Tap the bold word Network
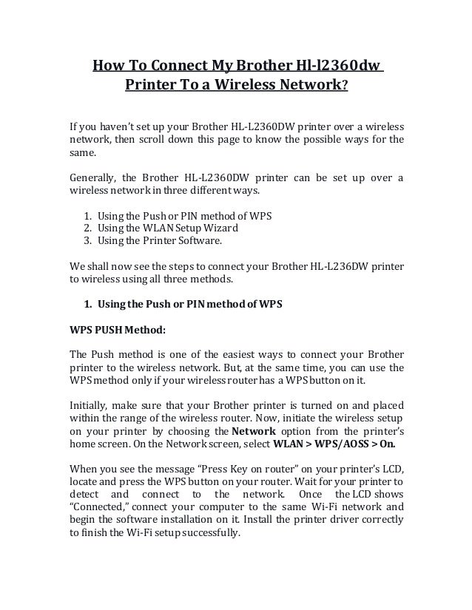[254, 432]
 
